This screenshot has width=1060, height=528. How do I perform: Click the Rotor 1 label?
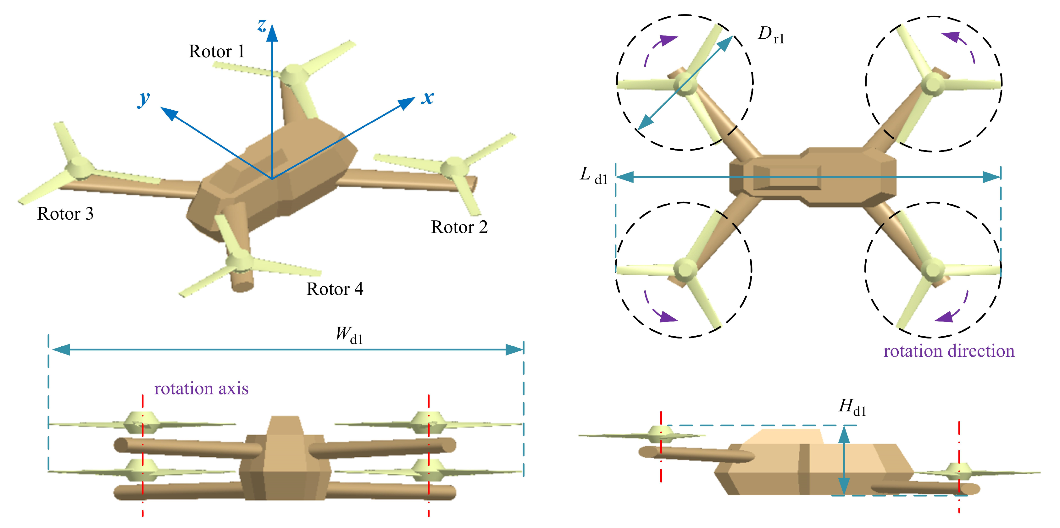[217, 52]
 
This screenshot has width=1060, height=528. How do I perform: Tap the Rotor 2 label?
[459, 227]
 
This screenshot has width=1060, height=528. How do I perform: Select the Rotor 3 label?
[65, 214]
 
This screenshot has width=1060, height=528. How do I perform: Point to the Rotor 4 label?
[335, 289]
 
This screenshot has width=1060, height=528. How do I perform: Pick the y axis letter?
[144, 99]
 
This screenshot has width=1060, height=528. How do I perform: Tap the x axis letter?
[428, 98]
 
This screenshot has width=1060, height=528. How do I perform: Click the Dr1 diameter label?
[771, 35]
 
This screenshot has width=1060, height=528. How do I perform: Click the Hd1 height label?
[852, 408]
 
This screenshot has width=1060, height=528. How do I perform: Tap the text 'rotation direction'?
[948, 351]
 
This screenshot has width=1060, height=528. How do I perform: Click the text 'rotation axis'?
[201, 388]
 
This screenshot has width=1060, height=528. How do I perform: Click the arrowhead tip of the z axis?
[272, 25]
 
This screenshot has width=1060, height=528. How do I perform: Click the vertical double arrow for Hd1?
[844, 460]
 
